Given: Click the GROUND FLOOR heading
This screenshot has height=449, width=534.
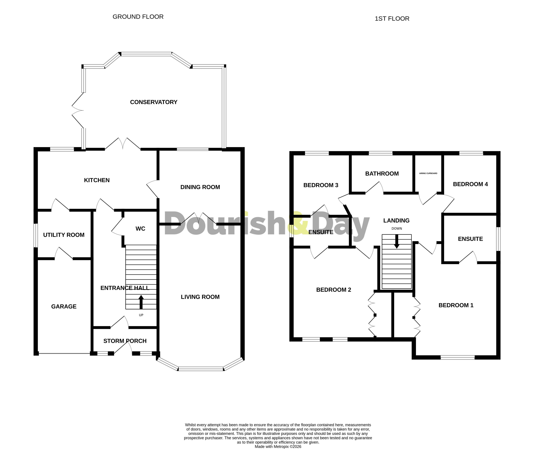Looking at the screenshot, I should click(x=138, y=17).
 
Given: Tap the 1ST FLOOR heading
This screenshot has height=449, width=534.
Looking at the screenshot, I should click(x=392, y=19).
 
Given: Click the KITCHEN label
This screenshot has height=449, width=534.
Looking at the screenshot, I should click(x=97, y=180).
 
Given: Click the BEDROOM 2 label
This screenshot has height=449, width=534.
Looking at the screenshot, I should click(x=333, y=290).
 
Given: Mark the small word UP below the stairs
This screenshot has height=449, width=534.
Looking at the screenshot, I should click(x=141, y=315).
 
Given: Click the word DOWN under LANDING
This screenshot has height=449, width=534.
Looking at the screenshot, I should click(x=397, y=229).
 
